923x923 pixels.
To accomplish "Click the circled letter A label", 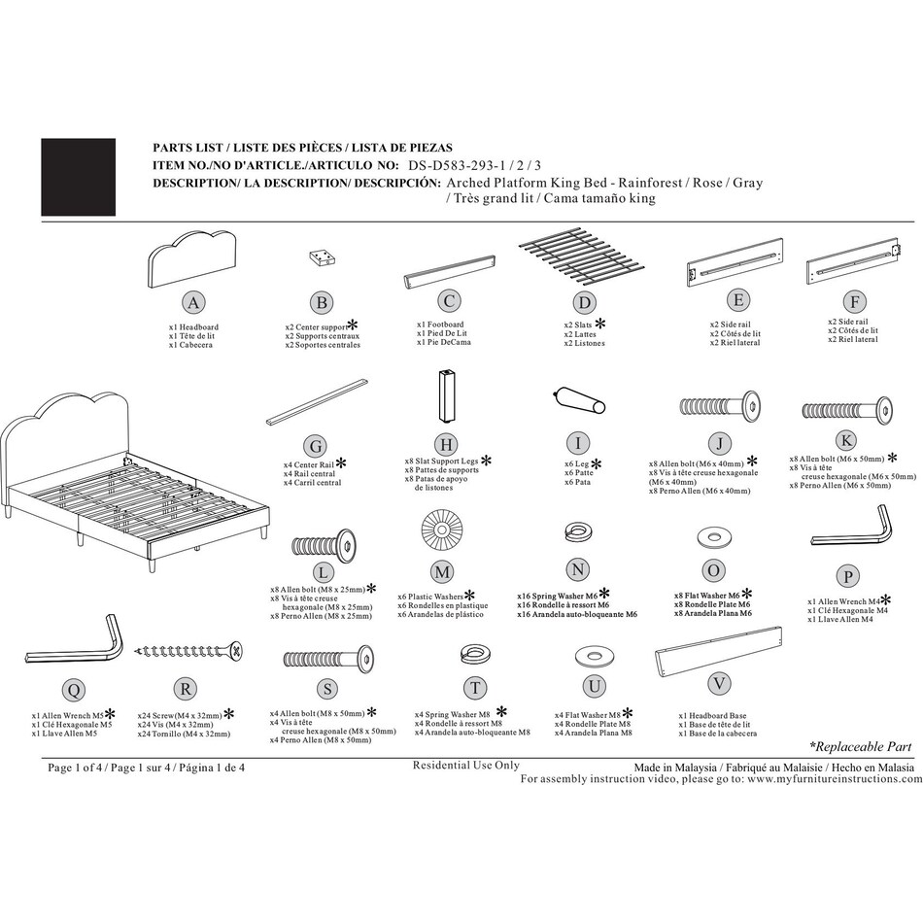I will pyautogui.click(x=193, y=302).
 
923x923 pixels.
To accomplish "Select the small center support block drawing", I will pyautogui.click(x=322, y=256).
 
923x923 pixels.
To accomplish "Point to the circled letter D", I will pyautogui.click(x=584, y=302).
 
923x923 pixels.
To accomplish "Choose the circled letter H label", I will pyautogui.click(x=445, y=443).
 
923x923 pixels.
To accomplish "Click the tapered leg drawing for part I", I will pyautogui.click(x=579, y=400).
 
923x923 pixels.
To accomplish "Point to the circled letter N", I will pyautogui.click(x=578, y=568).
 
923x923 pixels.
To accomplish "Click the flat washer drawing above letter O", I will pyautogui.click(x=713, y=537).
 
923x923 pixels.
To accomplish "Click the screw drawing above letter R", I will pyautogui.click(x=188, y=650).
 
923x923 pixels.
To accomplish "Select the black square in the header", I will pyautogui.click(x=78, y=177).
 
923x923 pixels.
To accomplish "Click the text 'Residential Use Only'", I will pyautogui.click(x=466, y=766).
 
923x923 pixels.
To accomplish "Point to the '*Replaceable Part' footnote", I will pyautogui.click(x=861, y=746).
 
